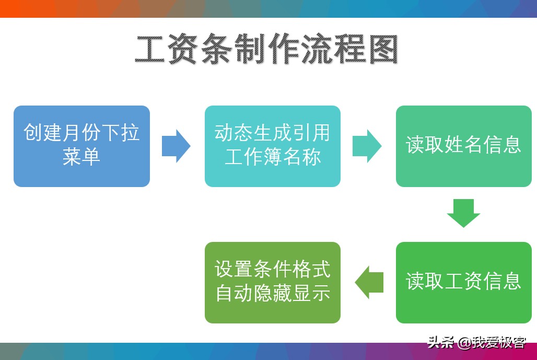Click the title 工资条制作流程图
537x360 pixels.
[x=266, y=49]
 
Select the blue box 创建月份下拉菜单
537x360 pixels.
[x=81, y=146]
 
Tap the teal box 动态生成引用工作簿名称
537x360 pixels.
[x=273, y=146]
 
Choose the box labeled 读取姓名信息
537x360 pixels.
[x=464, y=146]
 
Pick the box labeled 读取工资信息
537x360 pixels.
[x=464, y=283]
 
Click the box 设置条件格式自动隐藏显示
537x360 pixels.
[x=273, y=283]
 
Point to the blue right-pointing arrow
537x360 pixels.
[x=176, y=146]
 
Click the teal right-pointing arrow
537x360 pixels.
[x=367, y=146]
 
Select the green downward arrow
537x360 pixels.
[x=464, y=213]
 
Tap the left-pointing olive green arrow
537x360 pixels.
[x=369, y=283]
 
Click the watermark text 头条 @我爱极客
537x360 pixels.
[x=476, y=342]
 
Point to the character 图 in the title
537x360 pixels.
[x=383, y=49]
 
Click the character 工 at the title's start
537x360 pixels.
[x=150, y=49]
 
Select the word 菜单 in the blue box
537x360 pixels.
[x=81, y=157]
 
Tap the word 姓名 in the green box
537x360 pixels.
[x=463, y=145]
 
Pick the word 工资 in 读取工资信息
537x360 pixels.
[x=463, y=281]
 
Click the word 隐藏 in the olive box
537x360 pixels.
[x=273, y=293]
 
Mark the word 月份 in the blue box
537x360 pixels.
[x=81, y=133]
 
